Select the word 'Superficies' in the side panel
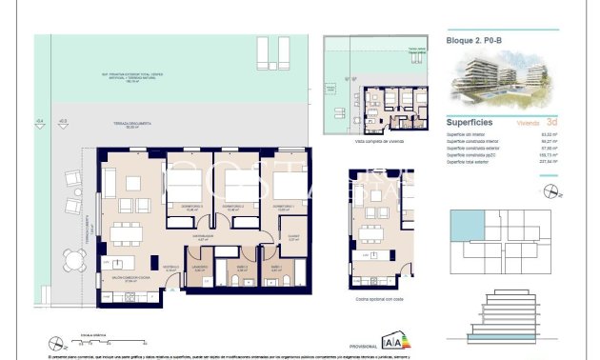coord(469,122)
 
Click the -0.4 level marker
coord(39,122)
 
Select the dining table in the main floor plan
coord(124,232)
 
